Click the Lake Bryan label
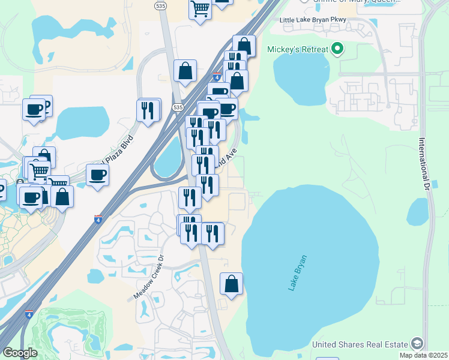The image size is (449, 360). click(x=297, y=274)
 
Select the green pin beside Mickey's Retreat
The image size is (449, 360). click(x=337, y=49)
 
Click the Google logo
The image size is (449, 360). click(x=20, y=353)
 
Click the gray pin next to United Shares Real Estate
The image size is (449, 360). click(x=417, y=344)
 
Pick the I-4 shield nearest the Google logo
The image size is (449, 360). click(x=29, y=314)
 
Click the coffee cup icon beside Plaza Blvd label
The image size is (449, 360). click(x=97, y=175)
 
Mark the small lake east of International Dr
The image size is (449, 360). click(x=418, y=212)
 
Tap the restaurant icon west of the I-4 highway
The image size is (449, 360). click(x=148, y=110)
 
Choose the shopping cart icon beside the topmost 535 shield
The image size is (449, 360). click(x=200, y=9)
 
